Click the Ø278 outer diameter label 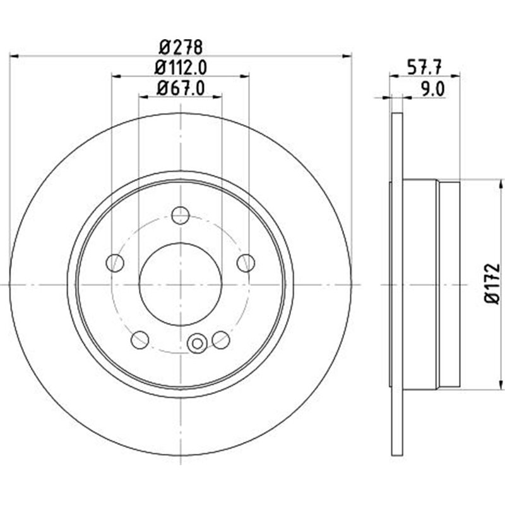[180, 46]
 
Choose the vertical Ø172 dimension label [494, 285]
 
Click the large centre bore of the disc [181, 284]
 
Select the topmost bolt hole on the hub [181, 215]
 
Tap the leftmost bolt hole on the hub [115, 262]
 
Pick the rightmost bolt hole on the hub [246, 262]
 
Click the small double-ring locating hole [198, 343]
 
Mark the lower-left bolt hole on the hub [140, 340]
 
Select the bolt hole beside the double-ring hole [220, 340]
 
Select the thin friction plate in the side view [397, 284]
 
